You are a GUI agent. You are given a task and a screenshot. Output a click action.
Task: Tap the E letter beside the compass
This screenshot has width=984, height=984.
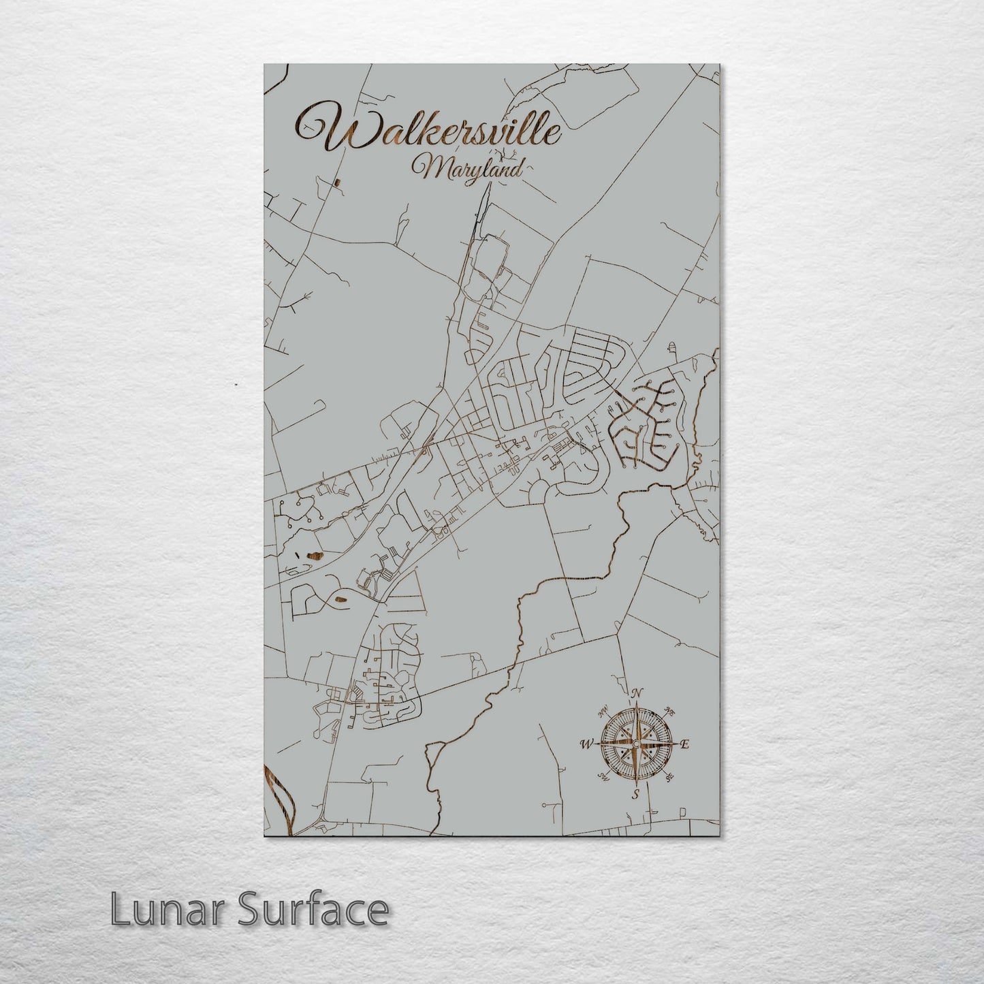tap(685, 744)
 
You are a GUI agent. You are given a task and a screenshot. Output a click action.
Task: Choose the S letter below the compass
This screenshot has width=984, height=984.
tap(635, 794)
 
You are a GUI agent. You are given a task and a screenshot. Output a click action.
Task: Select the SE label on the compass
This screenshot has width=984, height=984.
tap(669, 776)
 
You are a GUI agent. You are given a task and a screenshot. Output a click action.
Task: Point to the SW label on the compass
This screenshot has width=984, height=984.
tap(603, 776)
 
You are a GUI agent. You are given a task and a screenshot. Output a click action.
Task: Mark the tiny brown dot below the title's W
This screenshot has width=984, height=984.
tap(338, 182)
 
